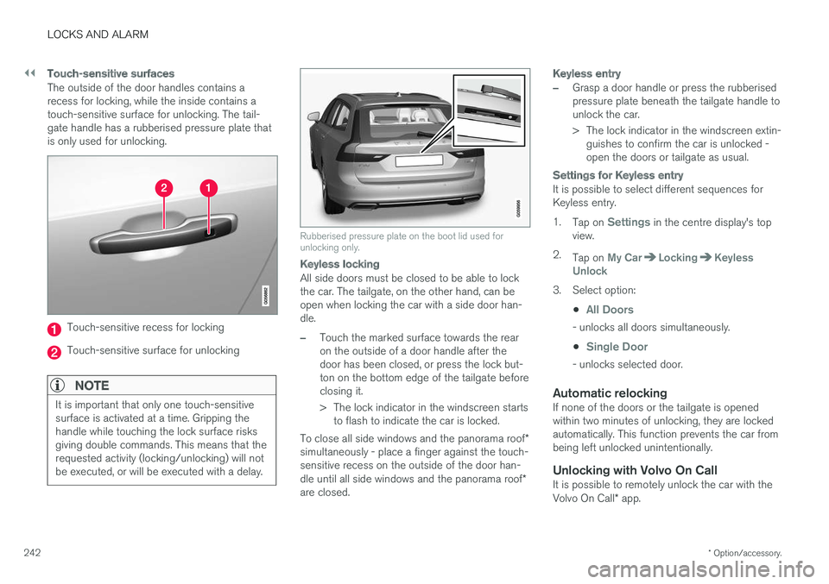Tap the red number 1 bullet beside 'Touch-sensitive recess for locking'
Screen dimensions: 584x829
54,329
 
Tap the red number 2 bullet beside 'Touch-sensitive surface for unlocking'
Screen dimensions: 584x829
54,352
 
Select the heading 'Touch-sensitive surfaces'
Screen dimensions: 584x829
111,74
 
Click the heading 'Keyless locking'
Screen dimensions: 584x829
339,264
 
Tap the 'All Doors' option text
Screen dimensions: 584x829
609,310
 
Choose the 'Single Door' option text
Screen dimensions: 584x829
616,347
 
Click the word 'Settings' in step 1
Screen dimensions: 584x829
629,223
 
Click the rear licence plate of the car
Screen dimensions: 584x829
419,160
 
